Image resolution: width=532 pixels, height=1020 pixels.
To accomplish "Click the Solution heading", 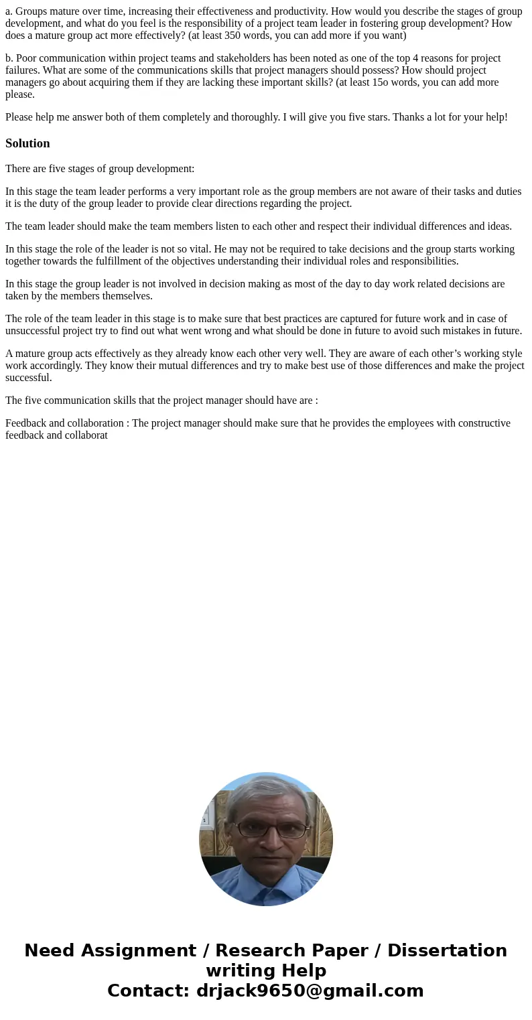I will [27, 143].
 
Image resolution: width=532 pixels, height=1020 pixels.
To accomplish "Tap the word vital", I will [196, 249].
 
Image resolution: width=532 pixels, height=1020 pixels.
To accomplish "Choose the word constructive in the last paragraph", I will [482, 423].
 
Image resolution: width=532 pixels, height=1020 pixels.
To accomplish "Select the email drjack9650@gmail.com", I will [310, 991].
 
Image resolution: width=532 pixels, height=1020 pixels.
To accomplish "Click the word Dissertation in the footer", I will [446, 951].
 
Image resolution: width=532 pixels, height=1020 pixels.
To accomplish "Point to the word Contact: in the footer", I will [148, 991].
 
